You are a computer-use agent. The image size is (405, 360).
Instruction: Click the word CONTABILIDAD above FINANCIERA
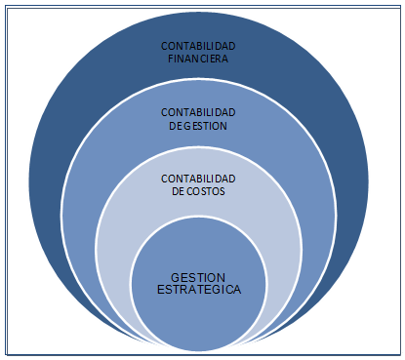pyautogui.click(x=200, y=46)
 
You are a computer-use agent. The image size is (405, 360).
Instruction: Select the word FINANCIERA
pyautogui.click(x=200, y=59)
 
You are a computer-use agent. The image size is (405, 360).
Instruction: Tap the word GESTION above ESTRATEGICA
pyautogui.click(x=199, y=277)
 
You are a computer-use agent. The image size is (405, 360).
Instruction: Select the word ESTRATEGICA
pyautogui.click(x=199, y=290)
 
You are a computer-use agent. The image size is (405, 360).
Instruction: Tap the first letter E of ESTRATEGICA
pyautogui.click(x=160, y=290)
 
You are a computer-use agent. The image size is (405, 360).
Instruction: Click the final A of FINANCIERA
pyautogui.click(x=227, y=59)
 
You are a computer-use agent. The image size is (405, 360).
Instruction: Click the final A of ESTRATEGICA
pyautogui.click(x=238, y=290)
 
